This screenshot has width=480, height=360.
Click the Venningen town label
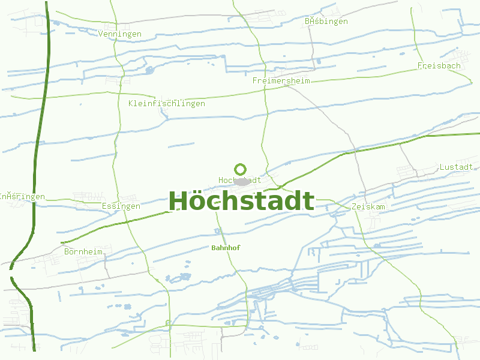119,34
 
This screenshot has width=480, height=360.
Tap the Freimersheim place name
281,80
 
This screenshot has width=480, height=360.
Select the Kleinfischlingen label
166,104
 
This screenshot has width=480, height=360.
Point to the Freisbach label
439,65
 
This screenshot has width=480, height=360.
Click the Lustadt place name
456,167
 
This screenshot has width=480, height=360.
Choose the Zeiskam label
368,206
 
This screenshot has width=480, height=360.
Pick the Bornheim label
87,251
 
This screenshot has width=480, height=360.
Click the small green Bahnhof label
226,247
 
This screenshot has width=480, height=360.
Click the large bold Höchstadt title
241,201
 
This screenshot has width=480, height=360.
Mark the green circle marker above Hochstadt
240,169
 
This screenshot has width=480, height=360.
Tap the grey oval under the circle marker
241,181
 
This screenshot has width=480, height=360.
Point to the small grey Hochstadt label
239,180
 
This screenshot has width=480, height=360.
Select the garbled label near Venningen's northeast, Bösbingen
326,22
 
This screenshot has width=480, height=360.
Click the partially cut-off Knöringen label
22,196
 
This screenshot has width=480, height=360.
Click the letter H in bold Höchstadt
178,201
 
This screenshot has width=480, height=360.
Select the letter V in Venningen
101,34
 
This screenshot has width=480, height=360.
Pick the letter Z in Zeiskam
355,206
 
